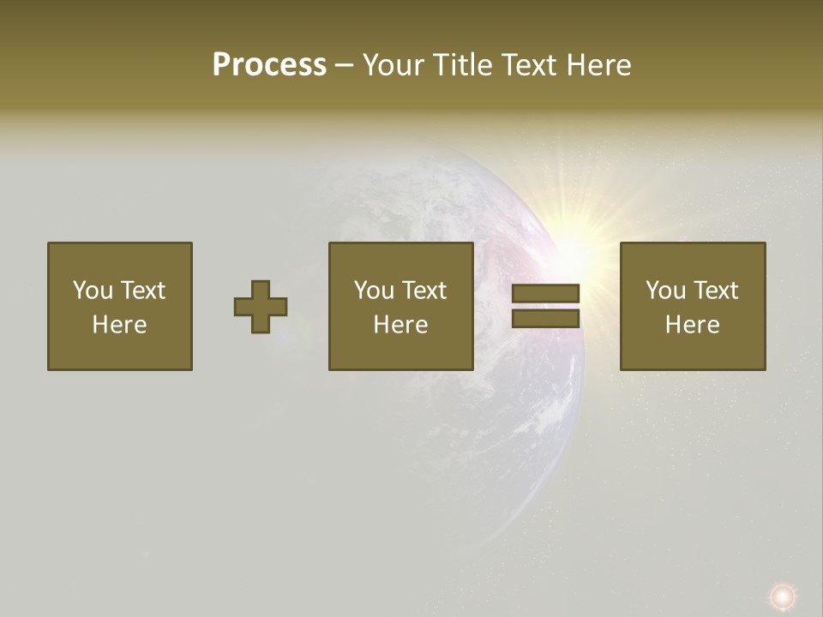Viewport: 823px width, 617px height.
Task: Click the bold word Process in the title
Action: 269,65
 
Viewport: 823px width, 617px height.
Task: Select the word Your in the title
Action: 394,65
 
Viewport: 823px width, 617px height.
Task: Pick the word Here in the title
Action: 599,65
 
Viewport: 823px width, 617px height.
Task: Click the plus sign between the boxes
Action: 261,307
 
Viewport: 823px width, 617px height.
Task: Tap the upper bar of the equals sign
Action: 545,294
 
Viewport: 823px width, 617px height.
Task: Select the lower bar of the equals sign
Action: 545,319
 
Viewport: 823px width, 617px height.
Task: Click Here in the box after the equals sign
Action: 693,325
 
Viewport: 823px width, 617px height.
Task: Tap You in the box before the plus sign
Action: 93,291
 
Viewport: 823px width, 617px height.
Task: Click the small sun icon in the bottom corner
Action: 782,596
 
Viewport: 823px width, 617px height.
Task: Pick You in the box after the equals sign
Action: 665,291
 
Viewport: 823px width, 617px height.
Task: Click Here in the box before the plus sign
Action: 120,325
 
